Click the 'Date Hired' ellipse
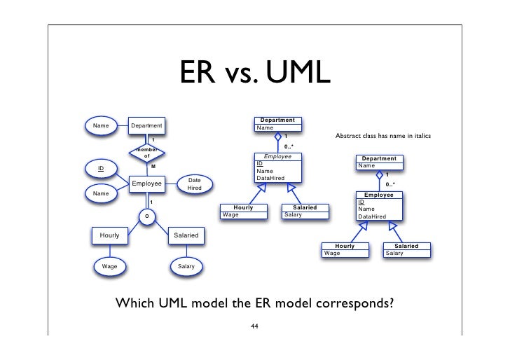pyautogui.click(x=194, y=184)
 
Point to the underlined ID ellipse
pyautogui.click(x=101, y=169)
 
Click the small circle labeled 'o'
pyautogui.click(x=146, y=216)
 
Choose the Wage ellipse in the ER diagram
pyautogui.click(x=110, y=267)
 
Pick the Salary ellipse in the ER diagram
pyautogui.click(x=186, y=267)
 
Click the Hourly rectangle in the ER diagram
pyautogui.click(x=109, y=236)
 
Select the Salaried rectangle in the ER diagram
pyautogui.click(x=186, y=236)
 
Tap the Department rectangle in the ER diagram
pyautogui.click(x=147, y=126)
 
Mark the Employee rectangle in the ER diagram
pyautogui.click(x=147, y=184)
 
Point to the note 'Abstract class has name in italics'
pyautogui.click(x=382, y=135)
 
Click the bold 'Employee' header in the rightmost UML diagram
pyautogui.click(x=378, y=194)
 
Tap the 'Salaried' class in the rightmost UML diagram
pyautogui.click(x=406, y=249)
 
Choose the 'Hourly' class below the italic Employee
pyautogui.click(x=243, y=211)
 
